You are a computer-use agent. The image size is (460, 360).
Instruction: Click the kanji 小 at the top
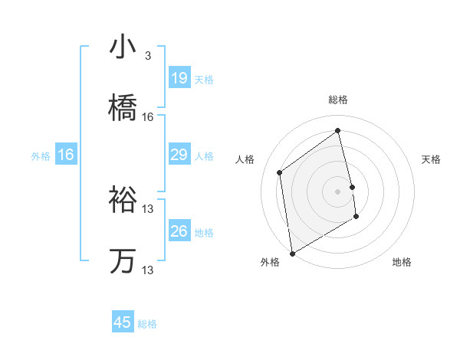pyautogui.click(x=123, y=47)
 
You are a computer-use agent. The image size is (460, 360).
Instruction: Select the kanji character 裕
pyautogui.click(x=123, y=200)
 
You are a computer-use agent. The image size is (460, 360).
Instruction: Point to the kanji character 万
pyautogui.click(x=123, y=261)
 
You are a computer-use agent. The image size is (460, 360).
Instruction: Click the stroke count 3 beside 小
pyautogui.click(x=147, y=56)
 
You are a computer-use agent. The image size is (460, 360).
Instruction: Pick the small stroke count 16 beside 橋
pyautogui.click(x=148, y=116)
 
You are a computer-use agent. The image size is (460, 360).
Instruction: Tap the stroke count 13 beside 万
pyautogui.click(x=148, y=270)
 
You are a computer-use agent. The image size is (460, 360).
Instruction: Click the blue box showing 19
pyautogui.click(x=179, y=78)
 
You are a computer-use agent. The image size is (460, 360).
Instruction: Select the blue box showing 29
pyautogui.click(x=179, y=155)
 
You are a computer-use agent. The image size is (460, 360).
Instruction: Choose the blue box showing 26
pyautogui.click(x=179, y=231)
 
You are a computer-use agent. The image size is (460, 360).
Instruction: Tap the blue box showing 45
pyautogui.click(x=123, y=322)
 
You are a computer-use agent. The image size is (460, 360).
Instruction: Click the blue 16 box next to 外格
pyautogui.click(x=66, y=155)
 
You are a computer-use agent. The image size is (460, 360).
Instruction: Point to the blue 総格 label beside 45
pyautogui.click(x=147, y=324)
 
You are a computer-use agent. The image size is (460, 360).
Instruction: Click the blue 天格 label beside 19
pyautogui.click(x=204, y=79)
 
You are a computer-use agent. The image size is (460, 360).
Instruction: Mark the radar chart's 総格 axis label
pyautogui.click(x=338, y=100)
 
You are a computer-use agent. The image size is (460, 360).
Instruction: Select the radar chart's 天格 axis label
pyautogui.click(x=432, y=159)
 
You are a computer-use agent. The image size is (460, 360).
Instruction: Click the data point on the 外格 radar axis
pyautogui.click(x=292, y=253)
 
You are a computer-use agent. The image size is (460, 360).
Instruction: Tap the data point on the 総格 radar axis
pyautogui.click(x=338, y=131)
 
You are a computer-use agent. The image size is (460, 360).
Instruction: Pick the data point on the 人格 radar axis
pyautogui.click(x=280, y=172)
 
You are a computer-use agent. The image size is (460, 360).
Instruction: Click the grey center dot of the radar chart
pyautogui.click(x=338, y=191)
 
